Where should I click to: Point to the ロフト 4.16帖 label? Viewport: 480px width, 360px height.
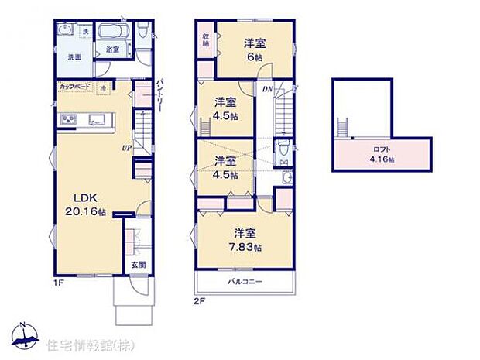click(381, 154)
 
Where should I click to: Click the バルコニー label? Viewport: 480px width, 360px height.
click(245, 282)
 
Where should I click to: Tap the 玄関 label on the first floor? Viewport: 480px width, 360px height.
click(136, 266)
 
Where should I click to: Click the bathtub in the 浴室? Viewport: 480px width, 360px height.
click(117, 34)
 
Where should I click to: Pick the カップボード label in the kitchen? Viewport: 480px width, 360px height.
click(74, 87)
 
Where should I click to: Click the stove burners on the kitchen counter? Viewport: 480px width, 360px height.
click(67, 119)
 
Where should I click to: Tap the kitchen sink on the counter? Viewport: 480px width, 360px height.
click(98, 119)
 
